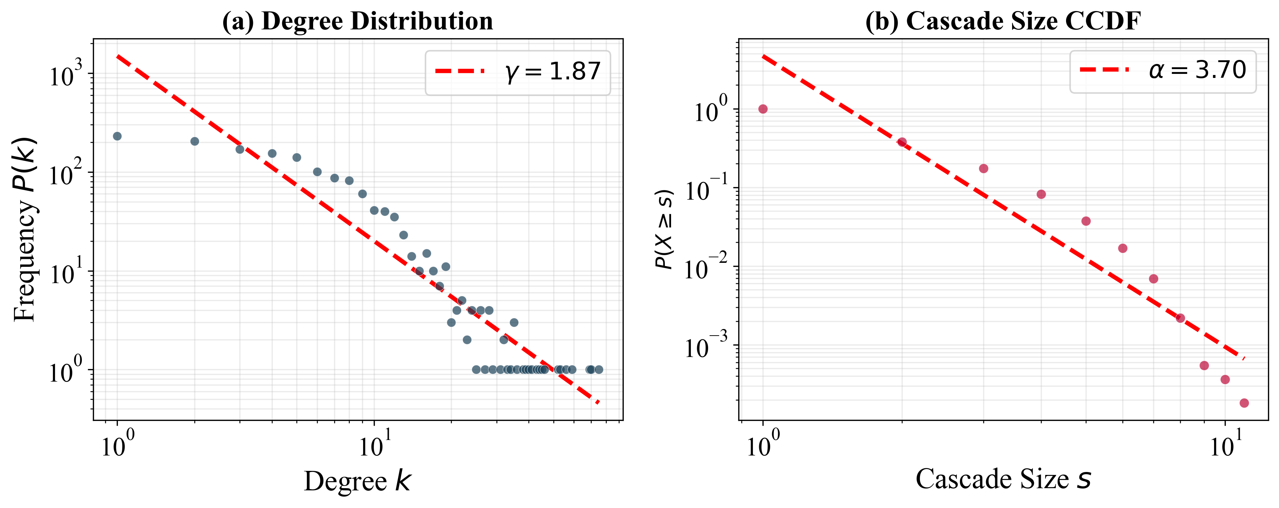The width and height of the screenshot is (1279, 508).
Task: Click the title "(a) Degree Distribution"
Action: point(358,21)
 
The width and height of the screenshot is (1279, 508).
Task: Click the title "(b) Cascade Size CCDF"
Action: point(1003,21)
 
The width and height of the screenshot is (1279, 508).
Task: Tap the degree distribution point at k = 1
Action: point(117,136)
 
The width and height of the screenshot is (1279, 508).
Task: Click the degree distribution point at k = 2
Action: point(195,141)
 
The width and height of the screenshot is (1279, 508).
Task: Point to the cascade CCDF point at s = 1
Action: point(763,109)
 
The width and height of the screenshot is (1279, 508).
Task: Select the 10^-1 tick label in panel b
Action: point(706,190)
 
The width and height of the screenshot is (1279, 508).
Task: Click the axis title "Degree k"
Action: point(358,481)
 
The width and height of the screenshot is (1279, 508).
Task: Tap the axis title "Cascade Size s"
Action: point(1003,479)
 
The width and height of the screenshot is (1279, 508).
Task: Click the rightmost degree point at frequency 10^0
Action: point(599,369)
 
